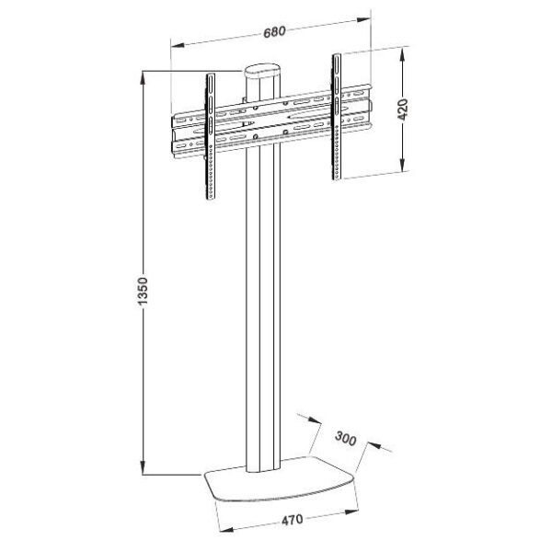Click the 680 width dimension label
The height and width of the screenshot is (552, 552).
click(274, 31)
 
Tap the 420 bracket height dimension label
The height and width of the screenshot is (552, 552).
click(403, 109)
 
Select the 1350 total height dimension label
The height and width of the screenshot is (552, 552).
click(143, 291)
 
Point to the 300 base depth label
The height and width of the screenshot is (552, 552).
click(345, 438)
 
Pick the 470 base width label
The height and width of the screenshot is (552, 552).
click(293, 520)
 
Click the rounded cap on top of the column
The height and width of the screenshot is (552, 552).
click(262, 72)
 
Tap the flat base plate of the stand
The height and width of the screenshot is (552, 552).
click(281, 477)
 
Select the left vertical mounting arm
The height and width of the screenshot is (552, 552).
click(211, 136)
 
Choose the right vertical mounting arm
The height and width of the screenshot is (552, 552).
click(337, 117)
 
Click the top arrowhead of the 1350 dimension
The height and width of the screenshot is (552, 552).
click(143, 78)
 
